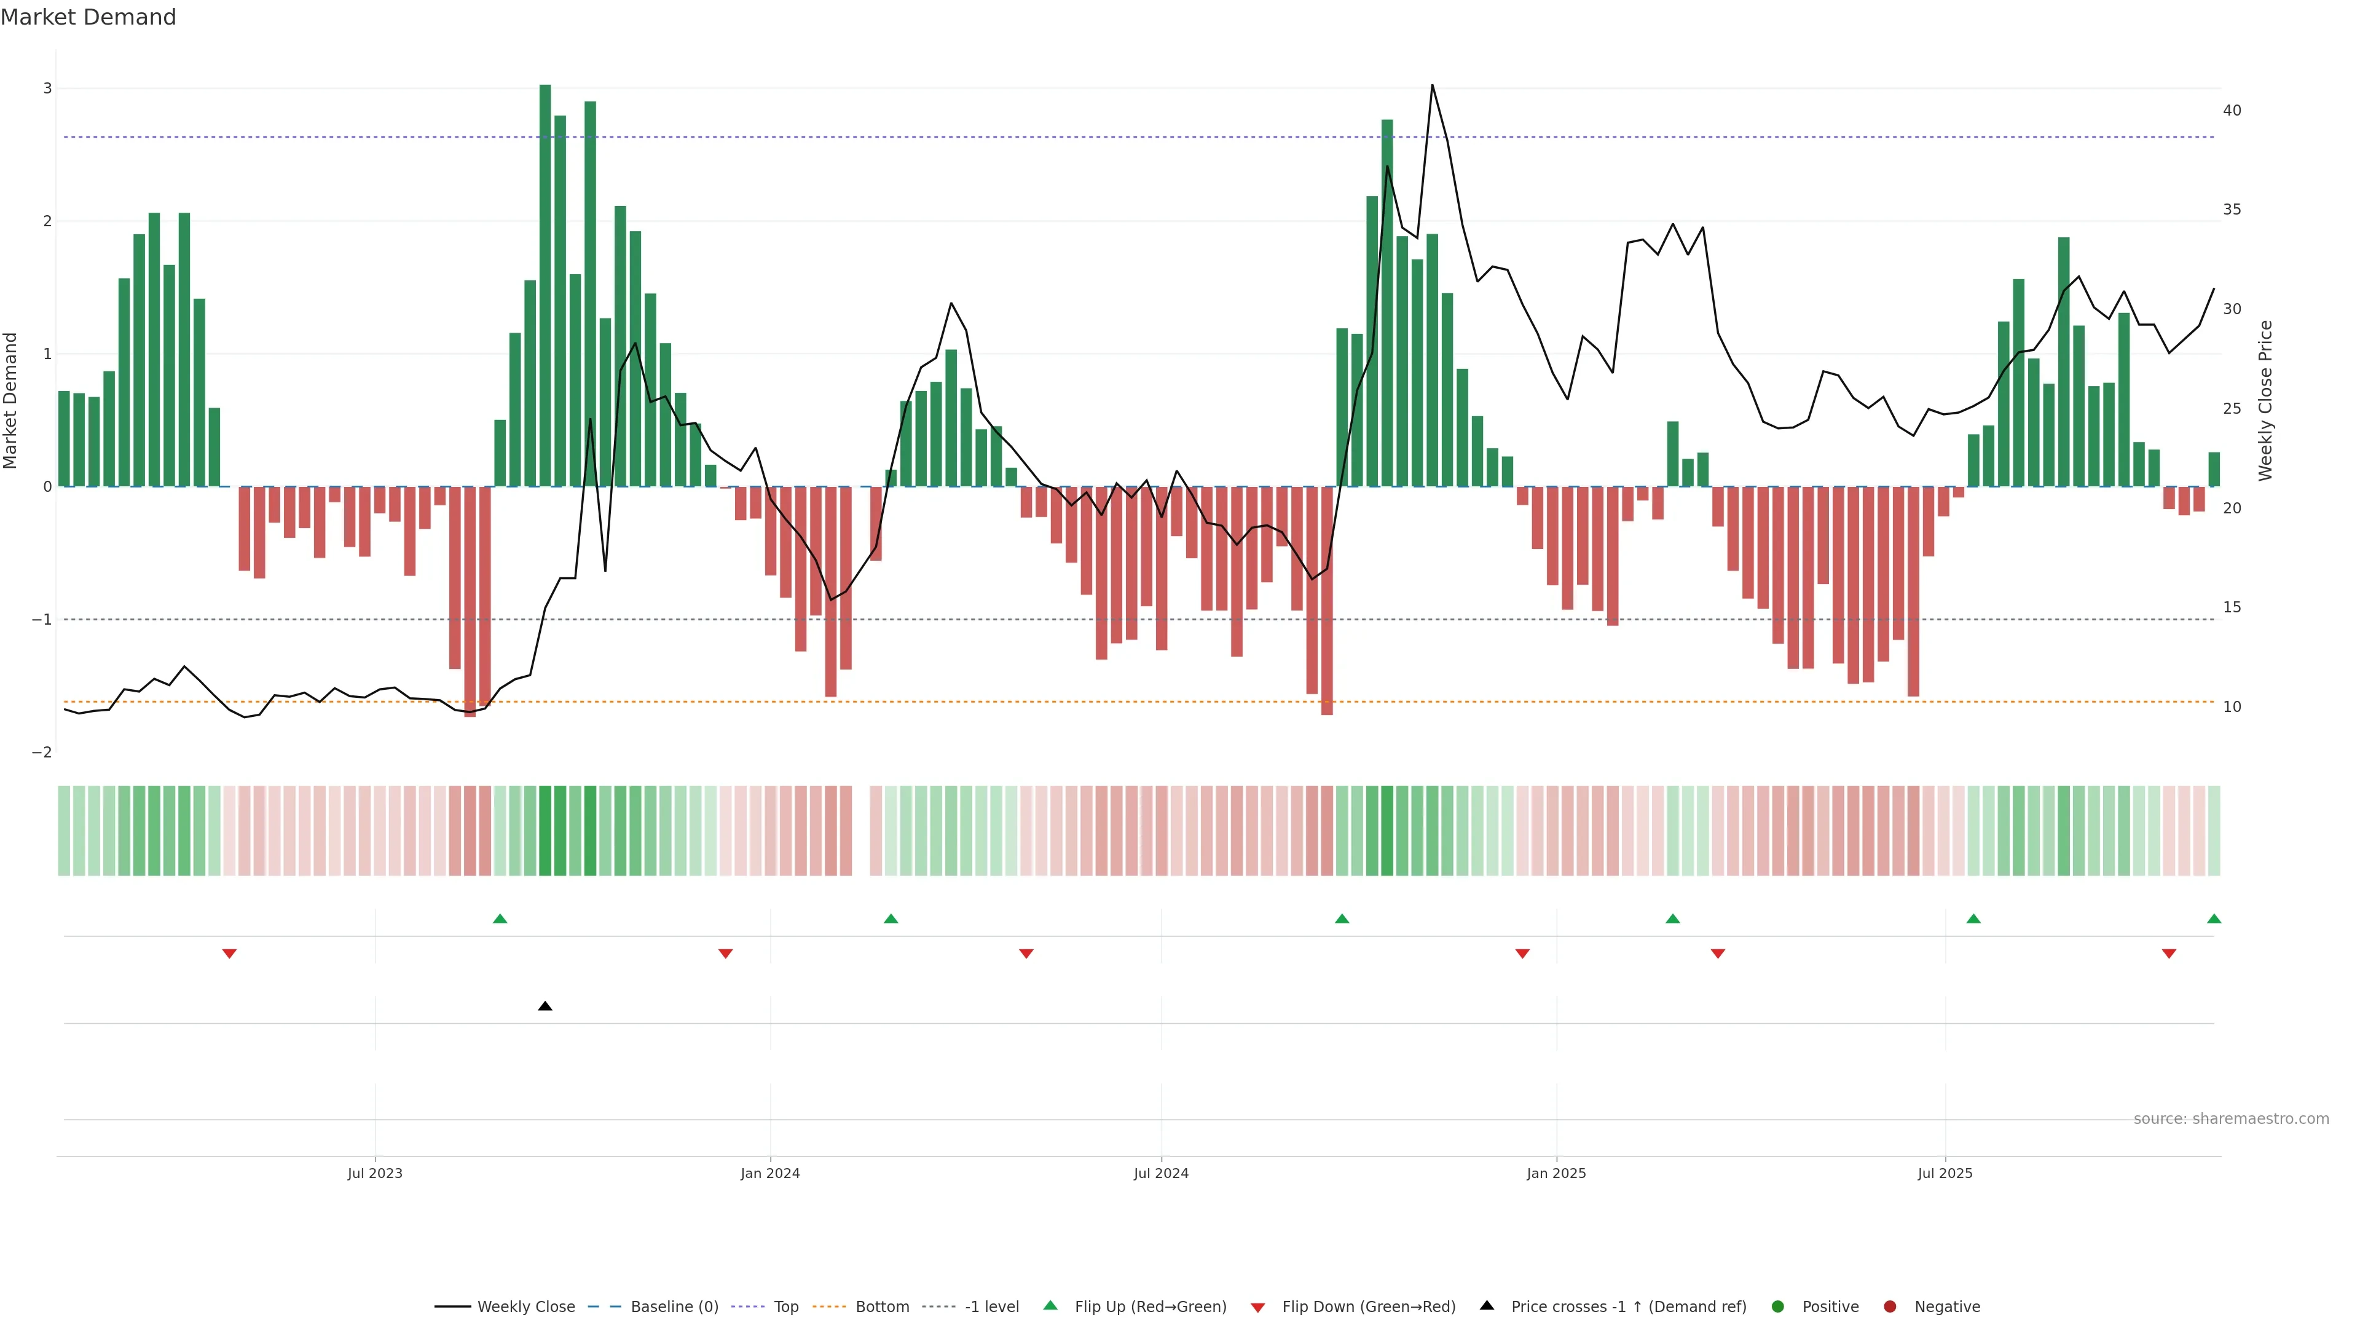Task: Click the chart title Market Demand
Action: pos(88,17)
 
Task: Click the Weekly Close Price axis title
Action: pos(2265,400)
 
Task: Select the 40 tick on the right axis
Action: pos(2232,111)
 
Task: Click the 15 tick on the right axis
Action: pos(2232,607)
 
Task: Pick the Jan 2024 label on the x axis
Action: pos(769,1173)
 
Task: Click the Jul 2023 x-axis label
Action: pos(375,1173)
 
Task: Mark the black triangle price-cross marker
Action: pos(545,1006)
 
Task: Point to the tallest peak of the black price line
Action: pos(1432,85)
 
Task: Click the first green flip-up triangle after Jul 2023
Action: pos(500,919)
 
